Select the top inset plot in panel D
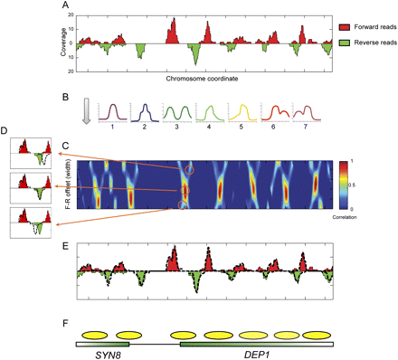click(30, 153)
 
